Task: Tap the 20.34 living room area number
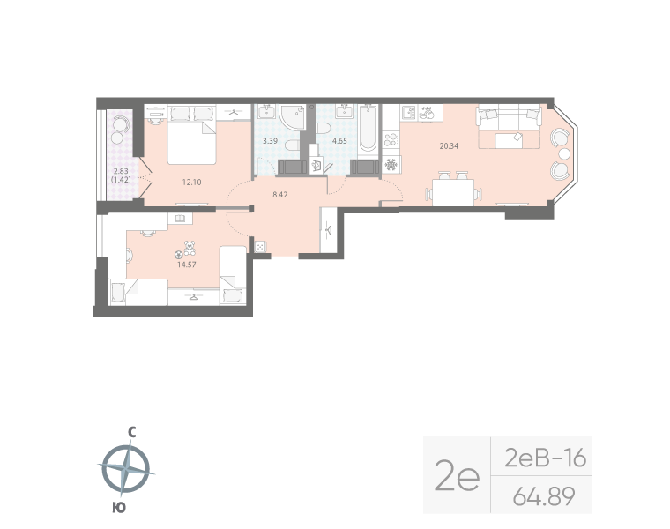pyautogui.click(x=448, y=145)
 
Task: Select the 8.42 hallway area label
pyautogui.click(x=279, y=194)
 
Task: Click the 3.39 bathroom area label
pyautogui.click(x=271, y=140)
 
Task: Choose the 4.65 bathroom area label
pyautogui.click(x=339, y=140)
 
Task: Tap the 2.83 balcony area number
pyautogui.click(x=121, y=171)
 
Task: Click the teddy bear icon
pyautogui.click(x=189, y=249)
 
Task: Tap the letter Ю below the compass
pyautogui.click(x=118, y=506)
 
